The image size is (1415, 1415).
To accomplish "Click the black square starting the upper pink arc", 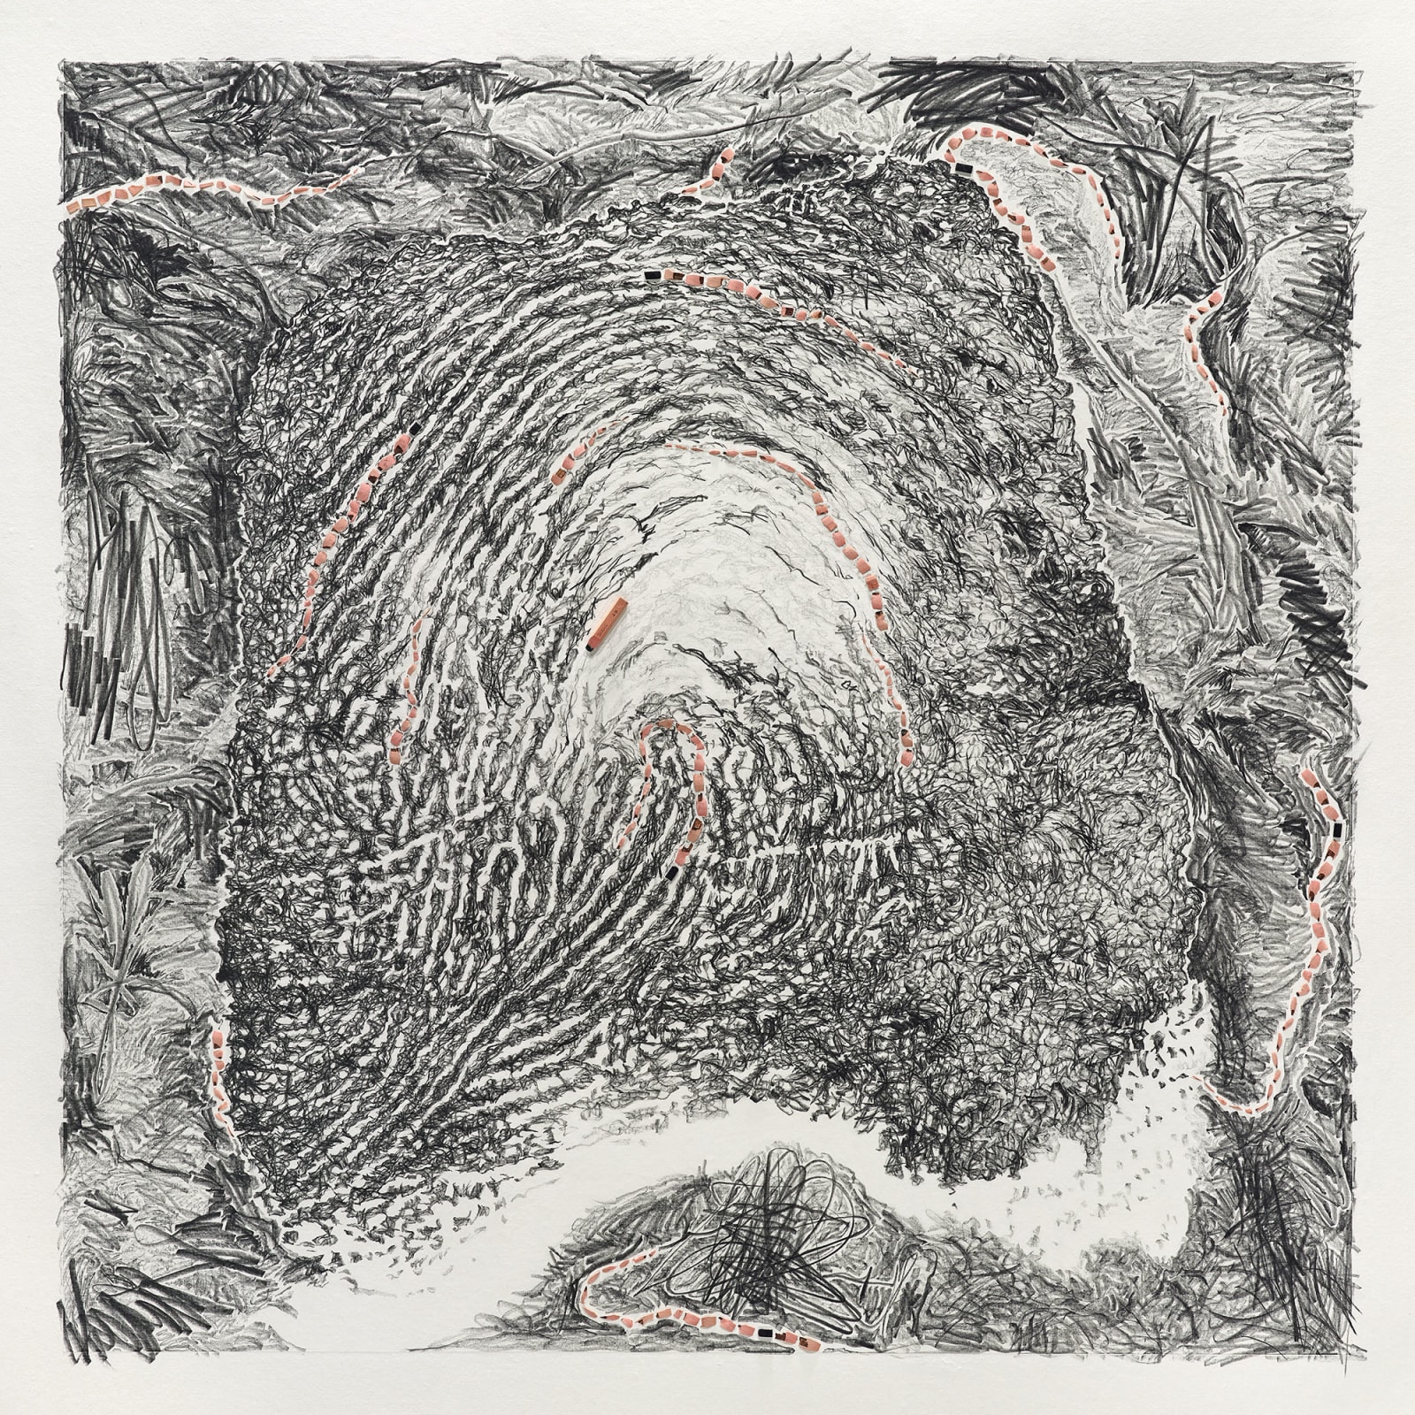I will pos(653,275).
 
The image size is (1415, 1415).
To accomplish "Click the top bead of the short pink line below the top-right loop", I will pos(1219,292).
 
